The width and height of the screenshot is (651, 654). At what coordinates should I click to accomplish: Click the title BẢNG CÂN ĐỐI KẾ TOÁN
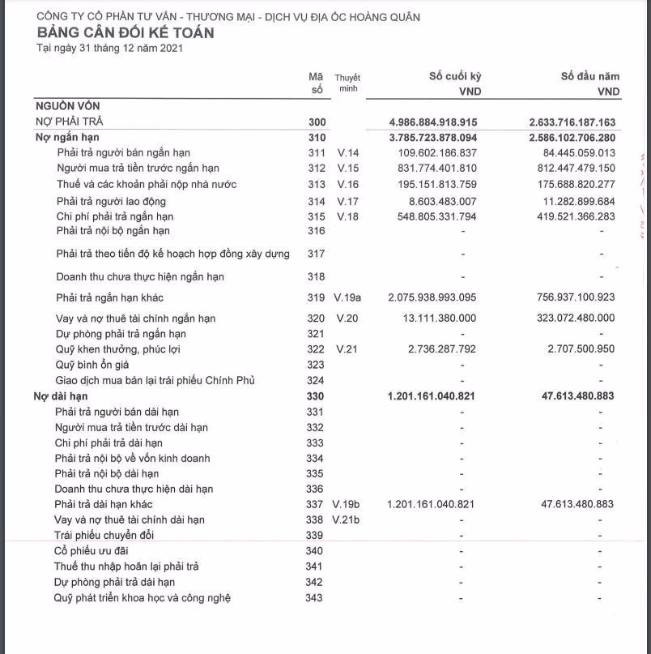[x=126, y=32]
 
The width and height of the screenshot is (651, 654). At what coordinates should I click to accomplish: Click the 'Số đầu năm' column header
[x=589, y=76]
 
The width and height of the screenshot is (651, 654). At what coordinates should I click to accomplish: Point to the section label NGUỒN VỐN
[x=67, y=105]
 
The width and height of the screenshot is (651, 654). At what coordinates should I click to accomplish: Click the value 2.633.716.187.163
[x=572, y=122]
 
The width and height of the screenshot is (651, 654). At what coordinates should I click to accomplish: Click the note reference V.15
[x=347, y=168]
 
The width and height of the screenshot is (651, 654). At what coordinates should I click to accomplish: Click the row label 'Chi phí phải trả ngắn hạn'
[x=115, y=216]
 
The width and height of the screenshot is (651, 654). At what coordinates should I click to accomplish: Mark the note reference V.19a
[x=347, y=297]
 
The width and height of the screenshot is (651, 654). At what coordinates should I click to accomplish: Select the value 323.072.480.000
[x=576, y=318]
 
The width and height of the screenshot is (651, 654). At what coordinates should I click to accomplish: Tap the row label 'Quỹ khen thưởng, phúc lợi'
[x=117, y=349]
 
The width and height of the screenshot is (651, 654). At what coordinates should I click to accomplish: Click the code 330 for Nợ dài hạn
[x=316, y=396]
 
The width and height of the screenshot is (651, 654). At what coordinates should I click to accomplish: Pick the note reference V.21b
[x=347, y=519]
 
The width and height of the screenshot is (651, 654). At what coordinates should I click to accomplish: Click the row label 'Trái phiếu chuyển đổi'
[x=104, y=535]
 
